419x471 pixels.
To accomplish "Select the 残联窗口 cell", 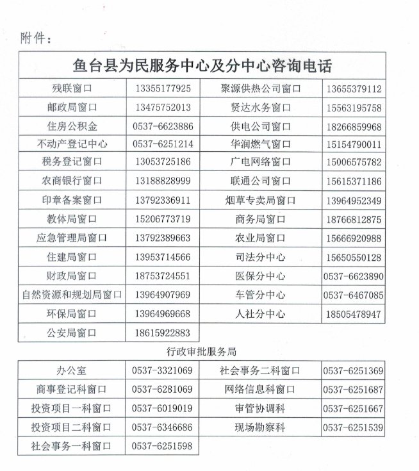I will tap(74, 88).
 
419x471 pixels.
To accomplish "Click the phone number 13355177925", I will tap(163, 88).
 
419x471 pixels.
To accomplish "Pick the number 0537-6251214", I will tap(163, 144).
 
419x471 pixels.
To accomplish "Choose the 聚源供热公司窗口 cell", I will tap(260, 88).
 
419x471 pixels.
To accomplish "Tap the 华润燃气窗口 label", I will tap(260, 144).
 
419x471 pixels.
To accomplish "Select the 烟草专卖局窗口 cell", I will tap(260, 201).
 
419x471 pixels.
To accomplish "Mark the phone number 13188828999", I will tap(163, 181).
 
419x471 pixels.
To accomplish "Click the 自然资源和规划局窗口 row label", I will tap(72, 295).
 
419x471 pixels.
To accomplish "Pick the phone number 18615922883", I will tap(163, 333).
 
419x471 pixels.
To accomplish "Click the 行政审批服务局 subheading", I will tap(204, 352).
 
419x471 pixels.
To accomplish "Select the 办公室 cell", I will tap(74, 370).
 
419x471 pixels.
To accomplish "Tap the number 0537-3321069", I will tap(162, 370).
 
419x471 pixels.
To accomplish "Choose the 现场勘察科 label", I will tap(259, 427).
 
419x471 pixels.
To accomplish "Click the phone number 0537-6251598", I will tap(162, 445).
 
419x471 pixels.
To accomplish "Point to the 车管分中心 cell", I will tap(260, 295).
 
